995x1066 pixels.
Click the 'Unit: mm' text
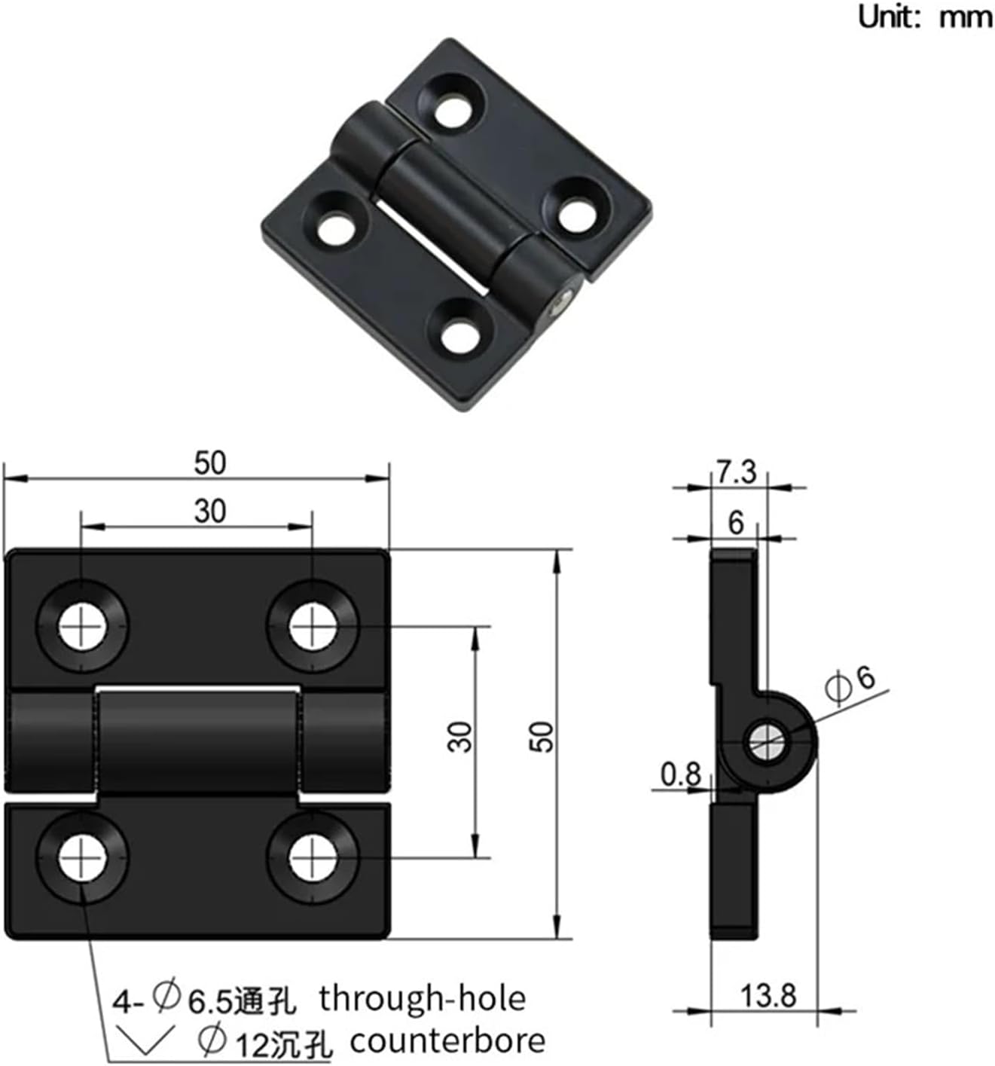point(925,16)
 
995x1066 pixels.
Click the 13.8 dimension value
point(768,995)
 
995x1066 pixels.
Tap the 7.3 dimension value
point(736,472)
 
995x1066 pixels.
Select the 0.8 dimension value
point(680,774)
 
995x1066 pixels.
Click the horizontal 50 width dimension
point(209,463)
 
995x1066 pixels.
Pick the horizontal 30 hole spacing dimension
point(209,512)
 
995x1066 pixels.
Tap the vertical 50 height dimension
point(541,737)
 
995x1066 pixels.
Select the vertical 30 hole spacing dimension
point(460,737)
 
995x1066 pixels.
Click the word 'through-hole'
point(422,998)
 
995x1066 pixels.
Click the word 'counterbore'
point(447,1041)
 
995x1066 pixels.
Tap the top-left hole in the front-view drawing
point(82,626)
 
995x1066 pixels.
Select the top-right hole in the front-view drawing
point(312,626)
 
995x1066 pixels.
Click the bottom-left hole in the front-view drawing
point(82,858)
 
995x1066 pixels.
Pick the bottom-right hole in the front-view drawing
point(312,858)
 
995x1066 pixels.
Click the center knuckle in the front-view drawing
point(197,742)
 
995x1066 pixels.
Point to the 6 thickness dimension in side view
point(736,522)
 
